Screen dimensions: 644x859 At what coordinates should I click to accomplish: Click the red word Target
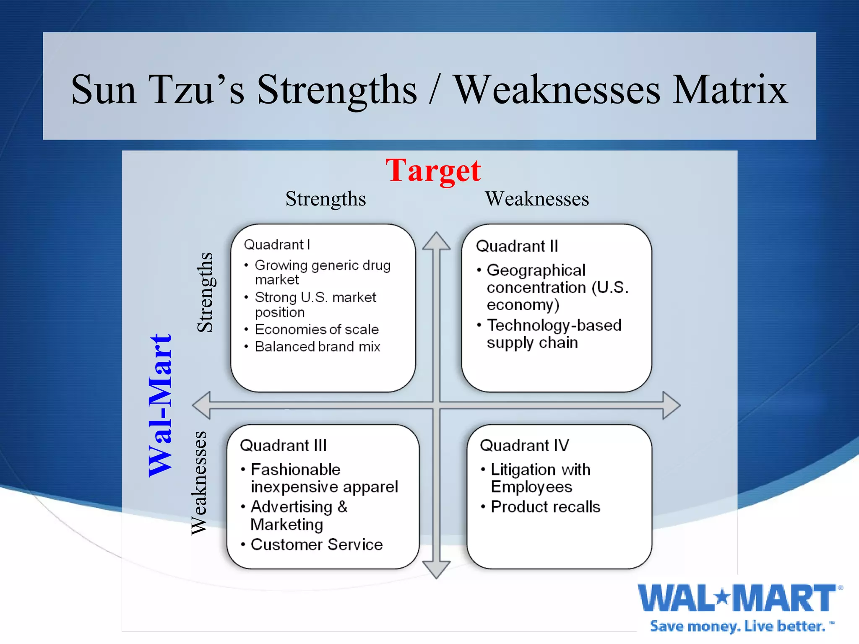point(433,171)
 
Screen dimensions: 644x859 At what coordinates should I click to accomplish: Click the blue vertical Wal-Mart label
point(161,405)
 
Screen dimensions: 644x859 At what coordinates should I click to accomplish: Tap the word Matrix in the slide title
point(730,89)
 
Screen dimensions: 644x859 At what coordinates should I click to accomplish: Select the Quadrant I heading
point(277,244)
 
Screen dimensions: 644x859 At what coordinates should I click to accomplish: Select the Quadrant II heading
point(517,246)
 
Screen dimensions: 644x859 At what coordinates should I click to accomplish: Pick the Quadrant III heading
point(283,445)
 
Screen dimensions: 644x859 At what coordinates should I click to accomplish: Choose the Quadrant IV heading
point(524,445)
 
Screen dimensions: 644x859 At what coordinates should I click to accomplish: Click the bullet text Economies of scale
point(316,330)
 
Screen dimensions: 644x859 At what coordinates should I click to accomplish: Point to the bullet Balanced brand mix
point(317,347)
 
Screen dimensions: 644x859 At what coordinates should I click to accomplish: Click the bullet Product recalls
point(545,507)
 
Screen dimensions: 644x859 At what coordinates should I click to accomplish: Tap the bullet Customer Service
point(316,545)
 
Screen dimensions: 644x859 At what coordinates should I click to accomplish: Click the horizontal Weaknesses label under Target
point(537,199)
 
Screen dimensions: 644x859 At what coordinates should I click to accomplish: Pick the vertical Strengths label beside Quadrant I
point(205,292)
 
